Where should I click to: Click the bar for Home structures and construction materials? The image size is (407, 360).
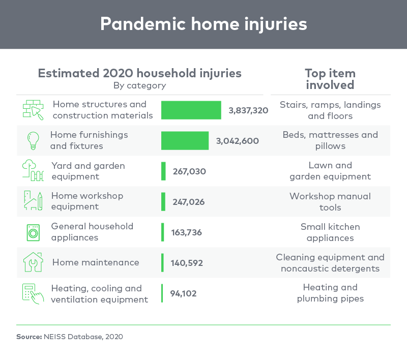click(x=191, y=110)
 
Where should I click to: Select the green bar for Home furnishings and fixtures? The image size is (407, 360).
click(x=185, y=140)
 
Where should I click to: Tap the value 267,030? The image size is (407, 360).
click(x=189, y=171)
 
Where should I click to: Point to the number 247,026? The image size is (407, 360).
click(x=189, y=202)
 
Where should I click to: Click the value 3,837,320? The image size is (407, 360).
click(x=248, y=110)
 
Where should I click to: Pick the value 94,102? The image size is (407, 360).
click(x=183, y=293)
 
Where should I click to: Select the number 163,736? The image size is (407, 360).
click(x=186, y=232)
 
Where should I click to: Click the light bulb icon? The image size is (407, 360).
click(x=33, y=140)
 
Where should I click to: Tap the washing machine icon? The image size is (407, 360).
click(x=33, y=233)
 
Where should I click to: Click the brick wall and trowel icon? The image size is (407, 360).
click(x=33, y=110)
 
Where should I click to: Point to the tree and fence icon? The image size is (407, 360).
click(x=33, y=170)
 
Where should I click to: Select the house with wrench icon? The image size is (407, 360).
click(x=33, y=262)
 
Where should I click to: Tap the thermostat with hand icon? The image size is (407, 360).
click(x=33, y=294)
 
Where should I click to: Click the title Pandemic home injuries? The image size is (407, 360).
click(x=204, y=24)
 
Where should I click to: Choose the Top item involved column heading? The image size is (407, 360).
click(x=330, y=79)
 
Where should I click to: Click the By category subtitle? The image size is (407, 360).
click(x=139, y=85)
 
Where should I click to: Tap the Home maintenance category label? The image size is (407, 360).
click(x=96, y=262)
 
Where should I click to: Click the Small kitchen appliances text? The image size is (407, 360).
click(x=330, y=232)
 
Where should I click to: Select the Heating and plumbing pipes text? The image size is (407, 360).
click(x=330, y=293)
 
